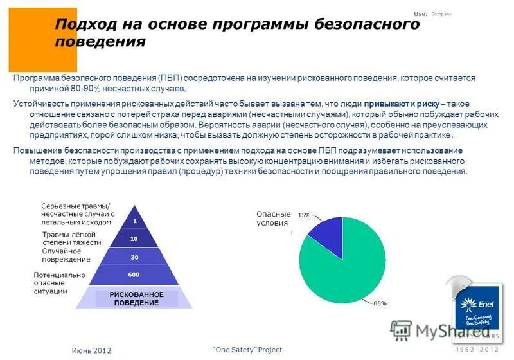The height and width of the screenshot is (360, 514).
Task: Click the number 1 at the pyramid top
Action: coord(135,221)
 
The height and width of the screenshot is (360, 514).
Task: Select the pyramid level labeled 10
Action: coord(134,239)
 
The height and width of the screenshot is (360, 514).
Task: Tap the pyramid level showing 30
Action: coord(134,257)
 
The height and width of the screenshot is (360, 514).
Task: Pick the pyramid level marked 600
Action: coord(134,274)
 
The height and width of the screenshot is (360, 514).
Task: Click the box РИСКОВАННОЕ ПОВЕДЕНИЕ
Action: coord(136,298)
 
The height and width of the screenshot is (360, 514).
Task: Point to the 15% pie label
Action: coord(304,215)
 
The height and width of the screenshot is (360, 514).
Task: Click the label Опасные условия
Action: coord(274,219)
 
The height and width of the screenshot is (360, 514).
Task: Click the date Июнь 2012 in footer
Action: coord(91,350)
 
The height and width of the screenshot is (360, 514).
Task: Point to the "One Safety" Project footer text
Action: coord(247,349)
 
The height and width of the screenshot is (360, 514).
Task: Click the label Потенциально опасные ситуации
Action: coord(59,283)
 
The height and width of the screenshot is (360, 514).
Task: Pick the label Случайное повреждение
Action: coord(66,255)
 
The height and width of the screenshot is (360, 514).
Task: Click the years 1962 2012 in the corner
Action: coord(476,350)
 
